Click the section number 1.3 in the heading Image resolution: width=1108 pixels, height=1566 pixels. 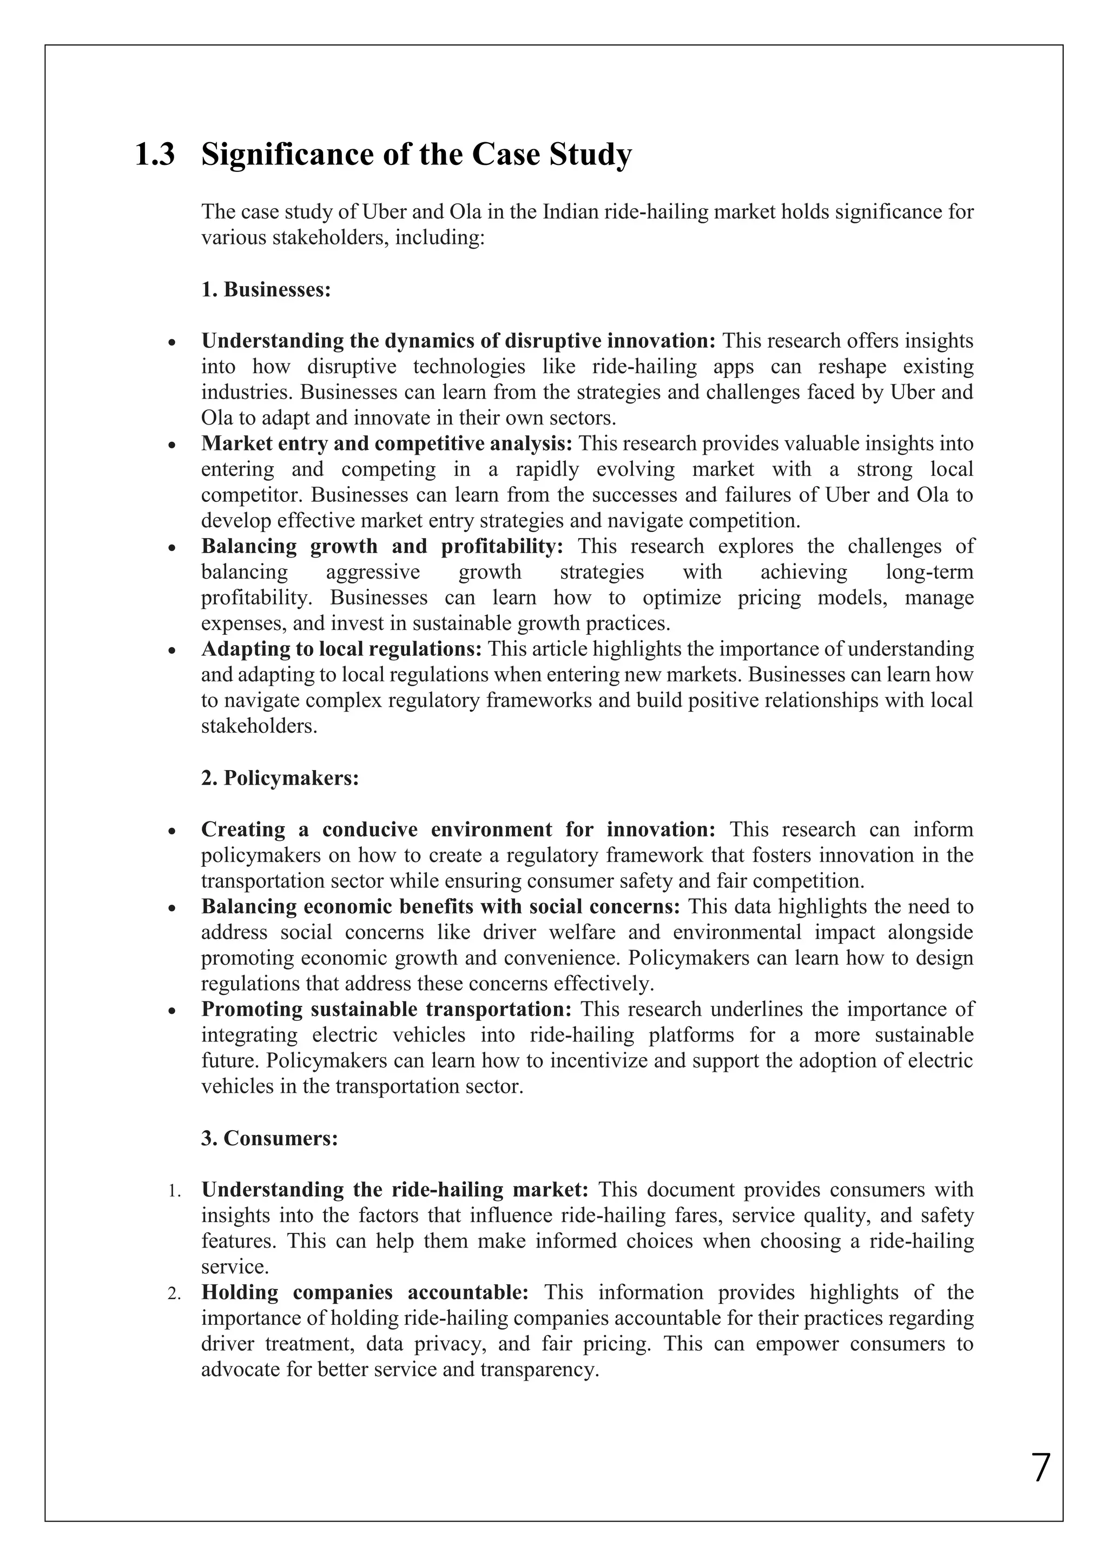click(x=155, y=155)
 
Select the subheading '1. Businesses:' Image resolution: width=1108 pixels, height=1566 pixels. click(x=266, y=290)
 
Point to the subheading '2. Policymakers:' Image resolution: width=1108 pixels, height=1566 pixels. click(x=280, y=778)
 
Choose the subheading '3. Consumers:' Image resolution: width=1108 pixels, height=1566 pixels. click(x=269, y=1138)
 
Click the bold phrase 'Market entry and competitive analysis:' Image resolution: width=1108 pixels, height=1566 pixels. click(x=387, y=444)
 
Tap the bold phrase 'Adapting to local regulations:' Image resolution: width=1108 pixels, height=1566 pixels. click(x=341, y=649)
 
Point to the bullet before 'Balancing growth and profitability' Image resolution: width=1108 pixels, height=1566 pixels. click(x=173, y=548)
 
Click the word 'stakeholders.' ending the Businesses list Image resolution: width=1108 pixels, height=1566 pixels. click(x=259, y=726)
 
